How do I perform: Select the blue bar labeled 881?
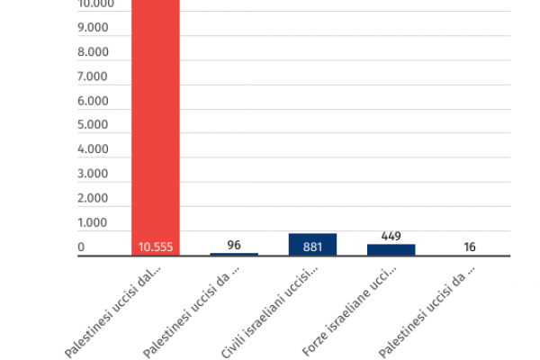[x=312, y=245]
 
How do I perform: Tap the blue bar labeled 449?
[x=391, y=250]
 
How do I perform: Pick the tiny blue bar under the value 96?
[x=234, y=255]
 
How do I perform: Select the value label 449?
[x=391, y=236]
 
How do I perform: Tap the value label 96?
[x=234, y=245]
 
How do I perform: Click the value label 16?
[x=470, y=247]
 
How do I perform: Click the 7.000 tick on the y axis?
[x=94, y=76]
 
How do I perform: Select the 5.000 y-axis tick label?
[x=94, y=125]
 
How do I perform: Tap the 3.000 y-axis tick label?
[x=94, y=174]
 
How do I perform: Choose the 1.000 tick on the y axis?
[x=94, y=222]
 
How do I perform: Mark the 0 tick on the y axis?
[x=81, y=247]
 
